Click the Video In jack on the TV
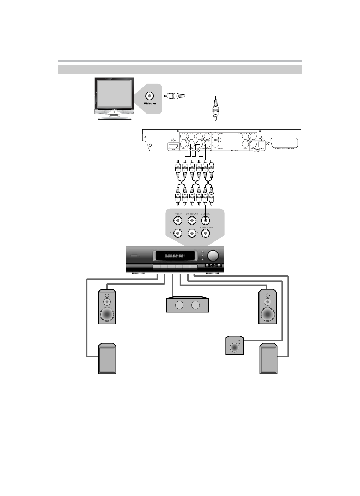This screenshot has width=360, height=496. [x=150, y=96]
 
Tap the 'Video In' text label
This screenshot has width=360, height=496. [x=150, y=104]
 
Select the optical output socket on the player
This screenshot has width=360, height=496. [x=261, y=144]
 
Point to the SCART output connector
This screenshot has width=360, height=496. [x=285, y=143]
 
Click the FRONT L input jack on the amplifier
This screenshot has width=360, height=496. [x=178, y=221]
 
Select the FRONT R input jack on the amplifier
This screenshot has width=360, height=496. [x=178, y=233]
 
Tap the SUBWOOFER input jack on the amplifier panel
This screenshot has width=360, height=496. [x=206, y=233]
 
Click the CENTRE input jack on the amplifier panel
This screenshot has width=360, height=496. [x=206, y=221]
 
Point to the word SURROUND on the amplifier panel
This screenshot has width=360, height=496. [x=192, y=214]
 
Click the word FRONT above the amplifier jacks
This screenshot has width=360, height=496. [x=178, y=214]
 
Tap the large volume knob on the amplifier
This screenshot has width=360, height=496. [x=213, y=256]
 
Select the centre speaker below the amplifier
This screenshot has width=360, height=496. [x=187, y=305]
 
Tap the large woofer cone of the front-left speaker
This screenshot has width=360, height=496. [x=107, y=313]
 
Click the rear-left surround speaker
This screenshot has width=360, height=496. [x=107, y=359]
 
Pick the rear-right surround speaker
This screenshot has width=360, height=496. [x=268, y=359]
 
